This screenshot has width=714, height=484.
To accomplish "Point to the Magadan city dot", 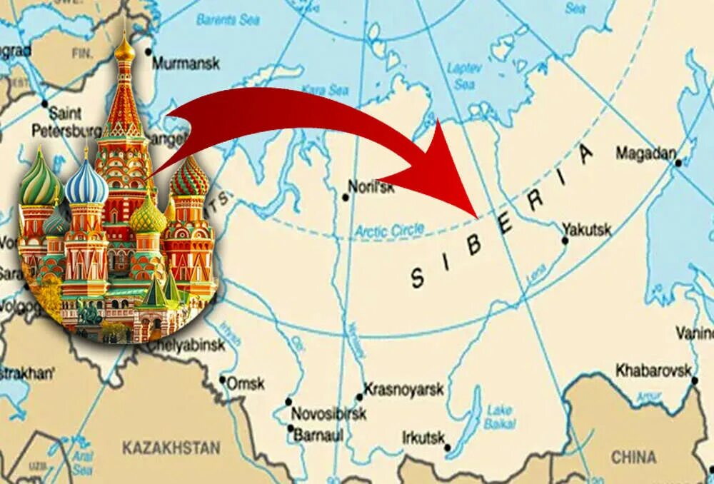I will tap(678, 163).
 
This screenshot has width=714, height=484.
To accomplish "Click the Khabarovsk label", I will tap(653, 370).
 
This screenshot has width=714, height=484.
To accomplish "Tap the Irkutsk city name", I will tap(423, 437).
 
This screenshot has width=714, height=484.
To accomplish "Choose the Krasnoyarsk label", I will tap(404, 390).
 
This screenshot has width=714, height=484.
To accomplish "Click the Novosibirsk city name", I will tap(328, 414).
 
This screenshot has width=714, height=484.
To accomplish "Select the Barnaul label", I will tap(320, 434).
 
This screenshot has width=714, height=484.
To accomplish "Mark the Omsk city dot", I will tap(223, 380).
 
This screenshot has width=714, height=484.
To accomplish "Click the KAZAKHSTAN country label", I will tap(171, 448).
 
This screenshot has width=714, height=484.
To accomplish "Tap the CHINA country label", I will tap(633, 457).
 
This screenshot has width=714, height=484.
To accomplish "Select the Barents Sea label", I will tap(227, 20).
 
